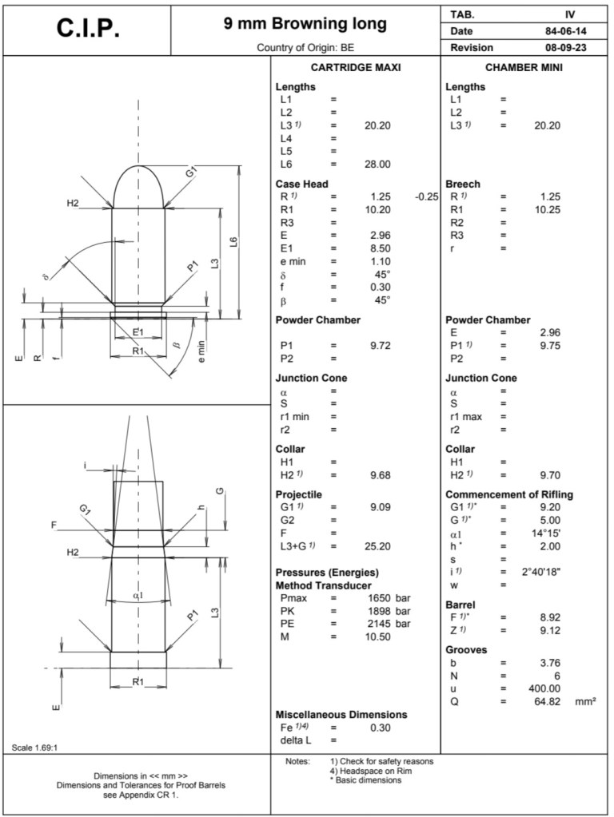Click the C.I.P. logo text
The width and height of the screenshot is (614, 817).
click(x=89, y=28)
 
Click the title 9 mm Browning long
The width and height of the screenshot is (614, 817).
click(x=305, y=24)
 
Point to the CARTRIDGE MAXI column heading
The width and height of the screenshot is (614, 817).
click(x=355, y=68)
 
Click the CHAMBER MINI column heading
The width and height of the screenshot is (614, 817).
click(x=524, y=68)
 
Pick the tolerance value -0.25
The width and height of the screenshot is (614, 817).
click(x=428, y=196)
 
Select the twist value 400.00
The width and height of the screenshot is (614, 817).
click(x=543, y=688)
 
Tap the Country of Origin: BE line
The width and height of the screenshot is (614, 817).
click(x=305, y=48)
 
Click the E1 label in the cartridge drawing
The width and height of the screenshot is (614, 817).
click(x=138, y=331)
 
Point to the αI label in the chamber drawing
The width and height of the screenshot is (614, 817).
click(x=138, y=595)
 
